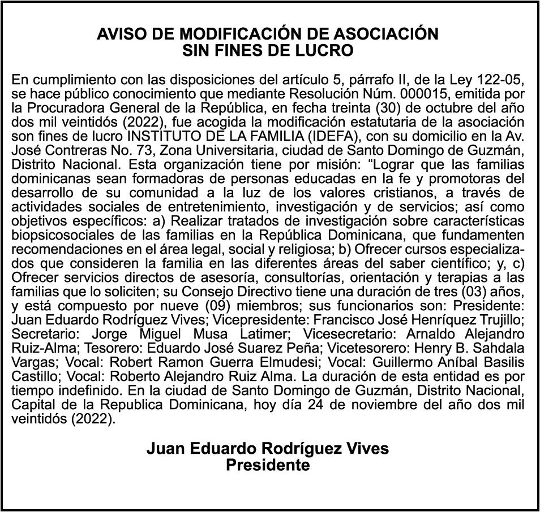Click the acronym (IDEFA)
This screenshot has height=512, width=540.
pyautogui.click(x=352, y=122)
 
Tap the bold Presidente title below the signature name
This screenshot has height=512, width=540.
pyautogui.click(x=268, y=465)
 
